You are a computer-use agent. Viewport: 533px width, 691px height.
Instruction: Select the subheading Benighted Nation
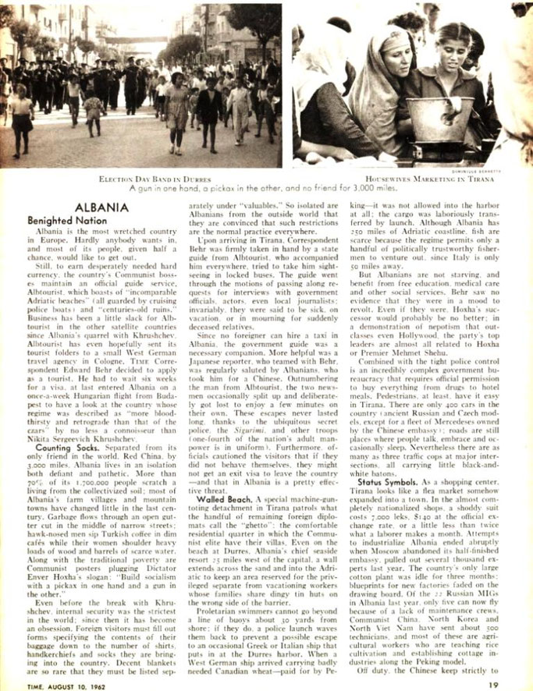[x=72, y=221]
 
